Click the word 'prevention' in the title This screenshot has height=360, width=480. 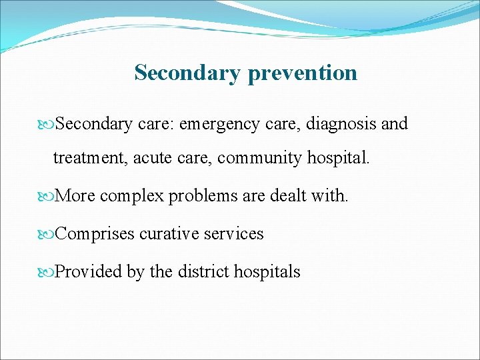[302, 73]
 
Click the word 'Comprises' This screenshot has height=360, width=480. [95, 234]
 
